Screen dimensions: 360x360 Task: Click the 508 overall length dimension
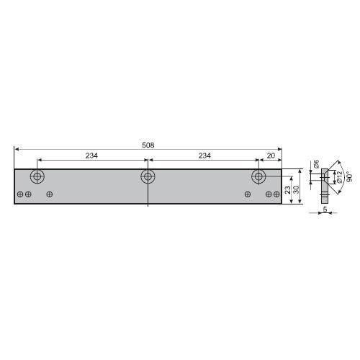(x=148, y=145)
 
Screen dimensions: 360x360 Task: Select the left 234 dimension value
(x=91, y=156)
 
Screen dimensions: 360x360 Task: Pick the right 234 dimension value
(x=204, y=156)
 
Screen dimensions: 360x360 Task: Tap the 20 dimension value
(x=271, y=156)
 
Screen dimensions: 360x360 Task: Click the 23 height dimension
(x=287, y=190)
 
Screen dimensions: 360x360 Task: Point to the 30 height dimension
(x=296, y=190)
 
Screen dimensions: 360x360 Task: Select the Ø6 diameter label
(x=317, y=163)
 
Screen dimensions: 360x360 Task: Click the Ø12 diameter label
(x=339, y=177)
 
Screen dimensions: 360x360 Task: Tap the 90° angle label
(x=350, y=176)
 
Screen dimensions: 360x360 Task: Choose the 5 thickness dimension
(x=325, y=210)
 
